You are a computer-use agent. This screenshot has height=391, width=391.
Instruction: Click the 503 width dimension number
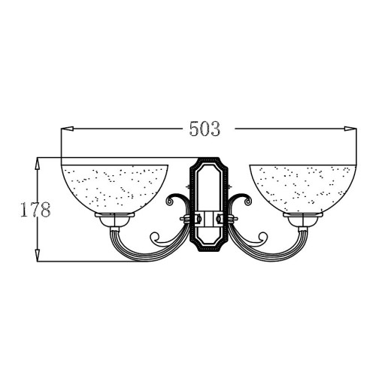coord(205,129)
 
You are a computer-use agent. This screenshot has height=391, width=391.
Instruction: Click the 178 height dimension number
coord(35,209)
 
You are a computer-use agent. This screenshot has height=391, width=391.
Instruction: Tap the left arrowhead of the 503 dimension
coord(67,129)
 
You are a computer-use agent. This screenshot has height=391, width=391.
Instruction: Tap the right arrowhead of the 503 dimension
coord(350,129)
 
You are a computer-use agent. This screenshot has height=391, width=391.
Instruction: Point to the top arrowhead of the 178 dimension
coord(38,164)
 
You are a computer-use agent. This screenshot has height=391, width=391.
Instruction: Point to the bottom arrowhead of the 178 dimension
coord(38,256)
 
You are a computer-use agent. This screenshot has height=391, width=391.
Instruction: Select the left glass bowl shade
coord(114,189)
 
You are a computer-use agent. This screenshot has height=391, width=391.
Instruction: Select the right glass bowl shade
coord(303,189)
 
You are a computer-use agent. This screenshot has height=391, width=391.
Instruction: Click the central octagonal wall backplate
coord(209,205)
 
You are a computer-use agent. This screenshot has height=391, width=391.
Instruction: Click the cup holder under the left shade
coord(114,220)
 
